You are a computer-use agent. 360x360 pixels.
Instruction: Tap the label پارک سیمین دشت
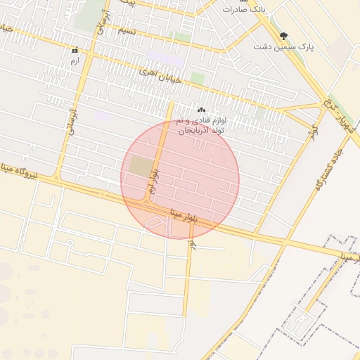[x=284, y=46]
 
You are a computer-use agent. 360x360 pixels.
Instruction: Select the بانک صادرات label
[x=243, y=9]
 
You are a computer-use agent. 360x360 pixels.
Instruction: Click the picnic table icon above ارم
[x=74, y=51]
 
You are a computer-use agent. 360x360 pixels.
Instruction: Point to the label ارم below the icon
[x=74, y=62]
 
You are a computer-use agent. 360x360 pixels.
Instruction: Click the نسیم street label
[x=127, y=32]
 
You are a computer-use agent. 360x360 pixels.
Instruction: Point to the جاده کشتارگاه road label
[x=329, y=169]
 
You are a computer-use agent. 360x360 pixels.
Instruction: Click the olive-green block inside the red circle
[x=141, y=167]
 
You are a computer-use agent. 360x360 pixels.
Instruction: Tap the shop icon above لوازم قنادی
[x=201, y=110]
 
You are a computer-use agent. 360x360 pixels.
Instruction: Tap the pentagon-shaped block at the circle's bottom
[x=155, y=224]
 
